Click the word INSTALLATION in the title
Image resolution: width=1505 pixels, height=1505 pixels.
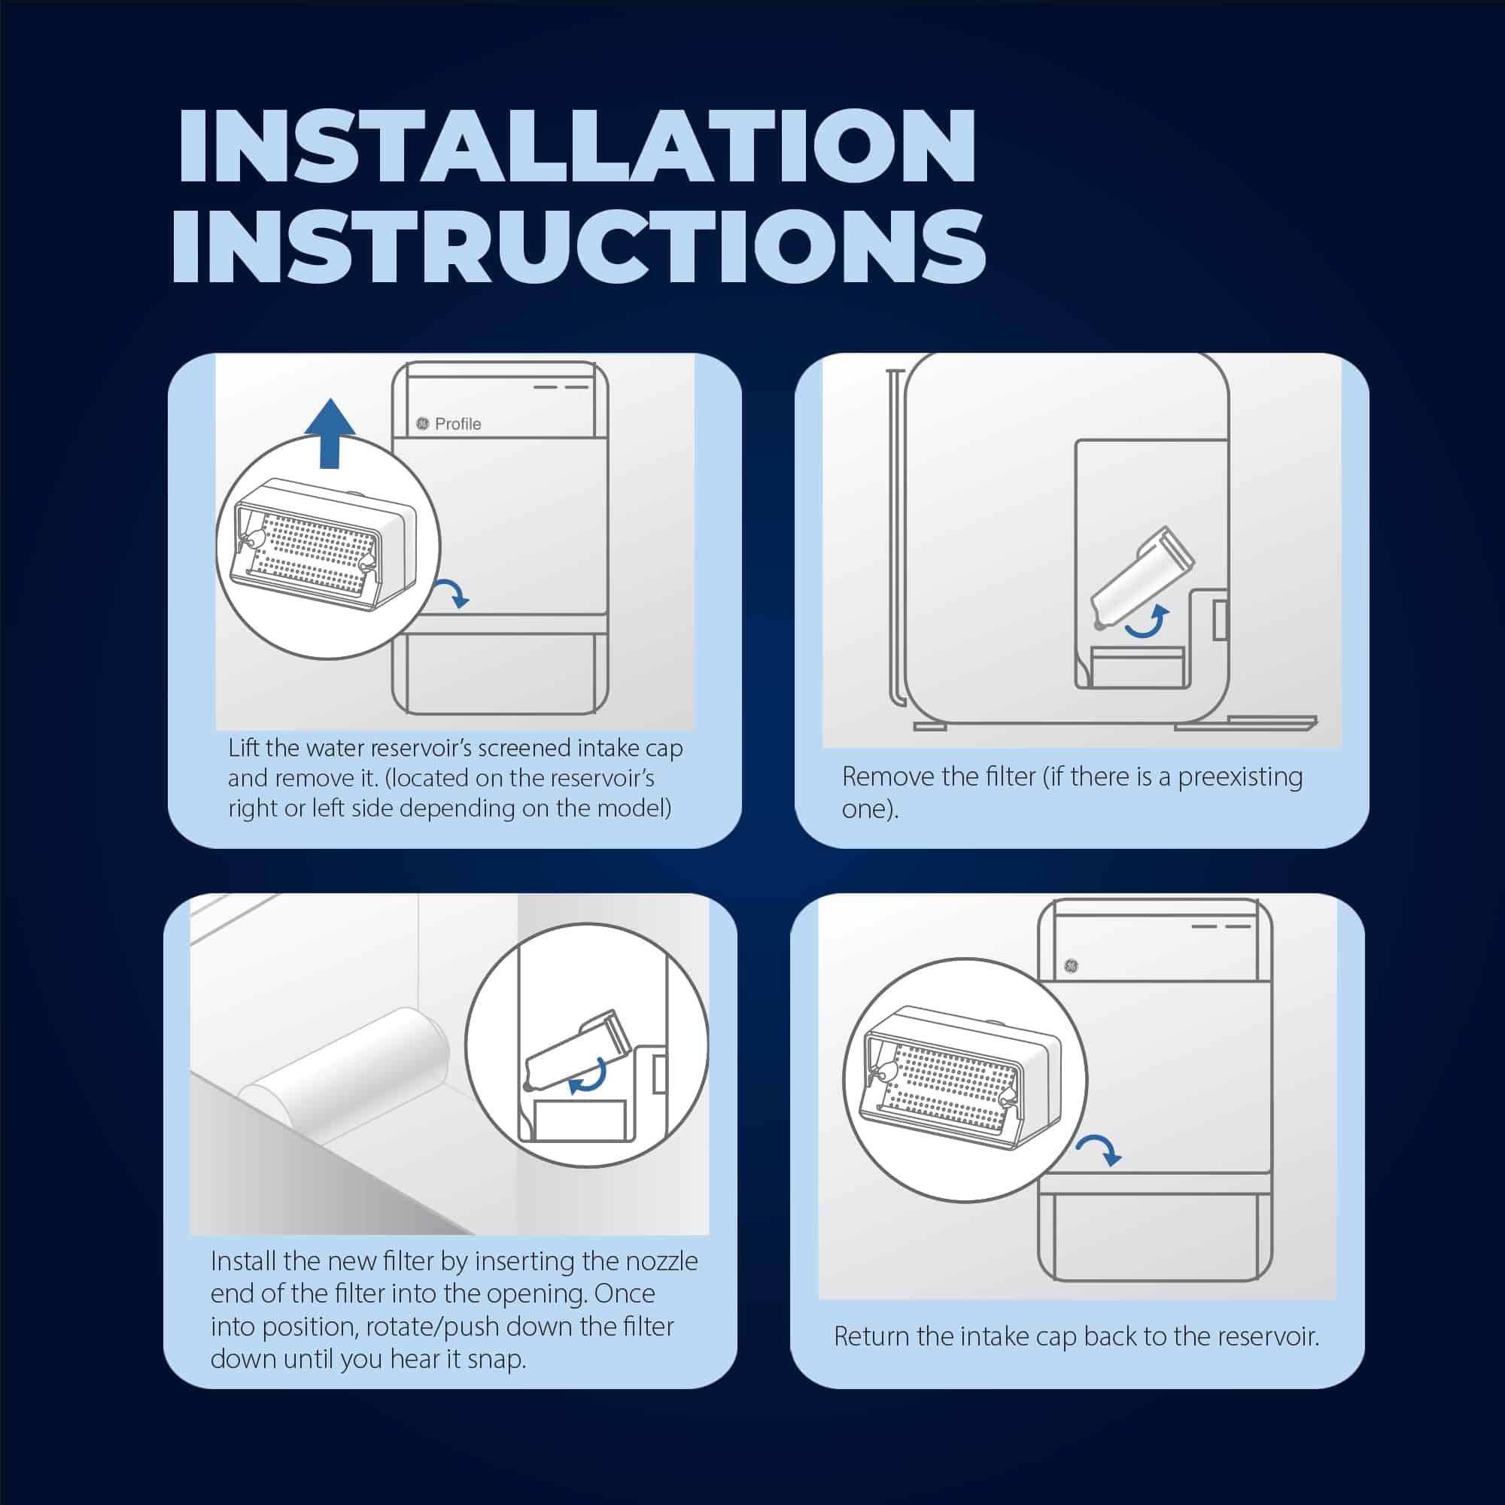pos(576,146)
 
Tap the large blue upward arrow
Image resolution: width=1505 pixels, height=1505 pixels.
pos(330,433)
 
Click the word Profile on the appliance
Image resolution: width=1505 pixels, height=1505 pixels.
pos(458,424)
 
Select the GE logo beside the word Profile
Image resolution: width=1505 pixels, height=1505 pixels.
pos(422,423)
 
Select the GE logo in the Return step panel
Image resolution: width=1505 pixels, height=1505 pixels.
pos(1071,966)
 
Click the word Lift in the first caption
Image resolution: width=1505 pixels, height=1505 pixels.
pos(244,748)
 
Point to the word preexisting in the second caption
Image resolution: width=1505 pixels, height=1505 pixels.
pos(1240,777)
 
